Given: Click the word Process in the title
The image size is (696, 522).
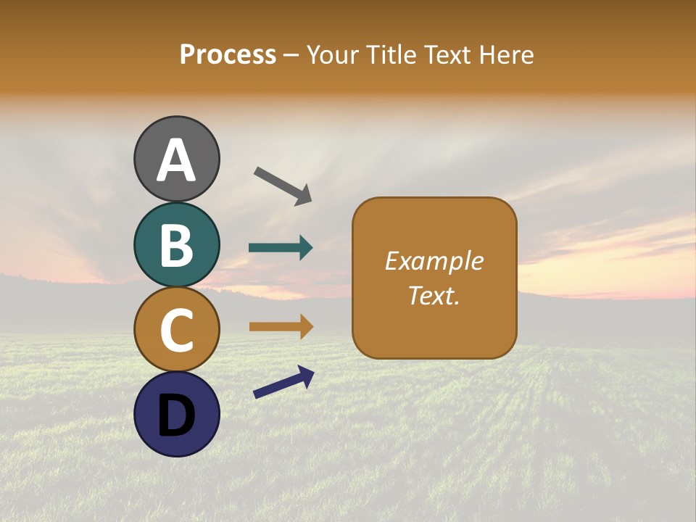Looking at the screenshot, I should (228, 55).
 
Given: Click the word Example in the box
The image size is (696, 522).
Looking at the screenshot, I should (434, 261).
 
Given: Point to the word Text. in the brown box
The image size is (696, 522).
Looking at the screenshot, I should (434, 295).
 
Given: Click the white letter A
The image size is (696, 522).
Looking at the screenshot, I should (177, 161).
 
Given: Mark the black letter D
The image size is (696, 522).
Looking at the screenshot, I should (177, 415).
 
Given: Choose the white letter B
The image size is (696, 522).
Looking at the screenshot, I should (177, 245).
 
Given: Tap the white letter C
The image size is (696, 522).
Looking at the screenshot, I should (177, 330).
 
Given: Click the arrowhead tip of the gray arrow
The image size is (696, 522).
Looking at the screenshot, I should (310, 202).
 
